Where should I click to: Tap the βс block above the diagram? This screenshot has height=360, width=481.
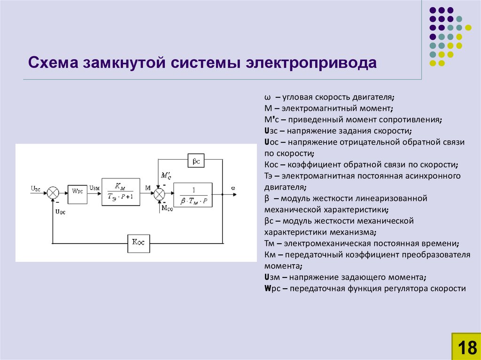pyautogui.click(x=196, y=161)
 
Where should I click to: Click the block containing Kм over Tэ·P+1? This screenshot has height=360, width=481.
pyautogui.click(x=121, y=192)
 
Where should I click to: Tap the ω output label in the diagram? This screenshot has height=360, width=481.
pyautogui.click(x=233, y=188)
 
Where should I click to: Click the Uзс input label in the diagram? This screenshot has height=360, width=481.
pyautogui.click(x=36, y=188)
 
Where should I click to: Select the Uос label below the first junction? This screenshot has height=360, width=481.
pyautogui.click(x=61, y=211)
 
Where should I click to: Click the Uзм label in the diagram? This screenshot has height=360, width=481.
pyautogui.click(x=94, y=188)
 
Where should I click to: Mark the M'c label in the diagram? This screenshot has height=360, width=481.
pyautogui.click(x=165, y=176)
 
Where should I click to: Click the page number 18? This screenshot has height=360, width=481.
pyautogui.click(x=465, y=347)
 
